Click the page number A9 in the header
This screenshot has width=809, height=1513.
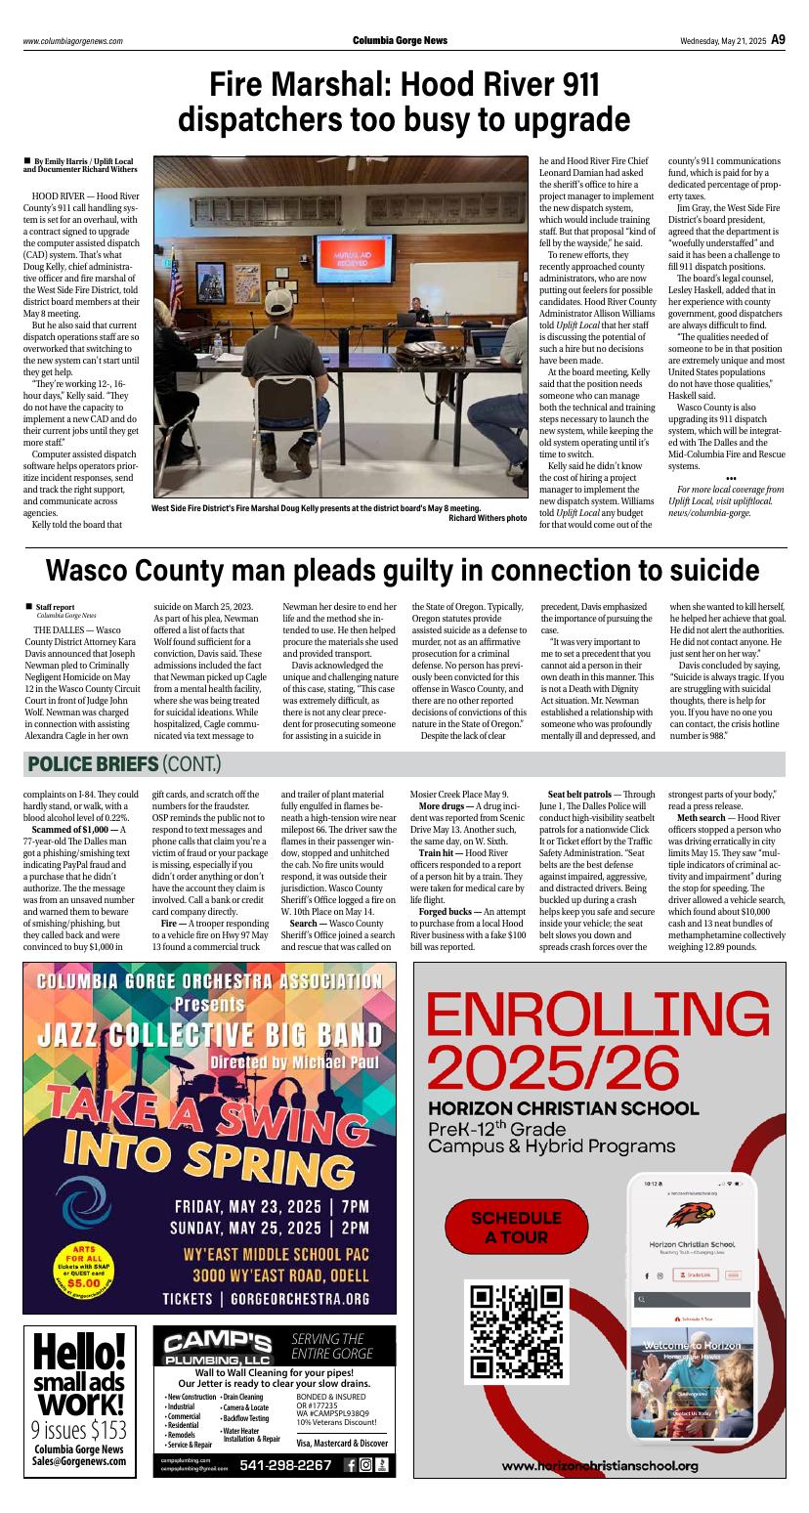click(778, 40)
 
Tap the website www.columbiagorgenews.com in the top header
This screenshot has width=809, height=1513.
click(73, 41)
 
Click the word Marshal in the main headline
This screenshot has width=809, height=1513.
click(317, 85)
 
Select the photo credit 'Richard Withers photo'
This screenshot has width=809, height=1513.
click(487, 517)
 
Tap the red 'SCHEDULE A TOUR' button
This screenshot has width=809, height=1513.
click(517, 1227)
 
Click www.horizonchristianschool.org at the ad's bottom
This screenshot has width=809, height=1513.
click(600, 1466)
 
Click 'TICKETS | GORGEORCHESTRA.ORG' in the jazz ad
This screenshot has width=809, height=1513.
click(266, 1299)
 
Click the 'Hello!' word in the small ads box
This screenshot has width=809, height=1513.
click(79, 1354)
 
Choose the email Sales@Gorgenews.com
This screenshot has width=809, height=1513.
click(79, 1461)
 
